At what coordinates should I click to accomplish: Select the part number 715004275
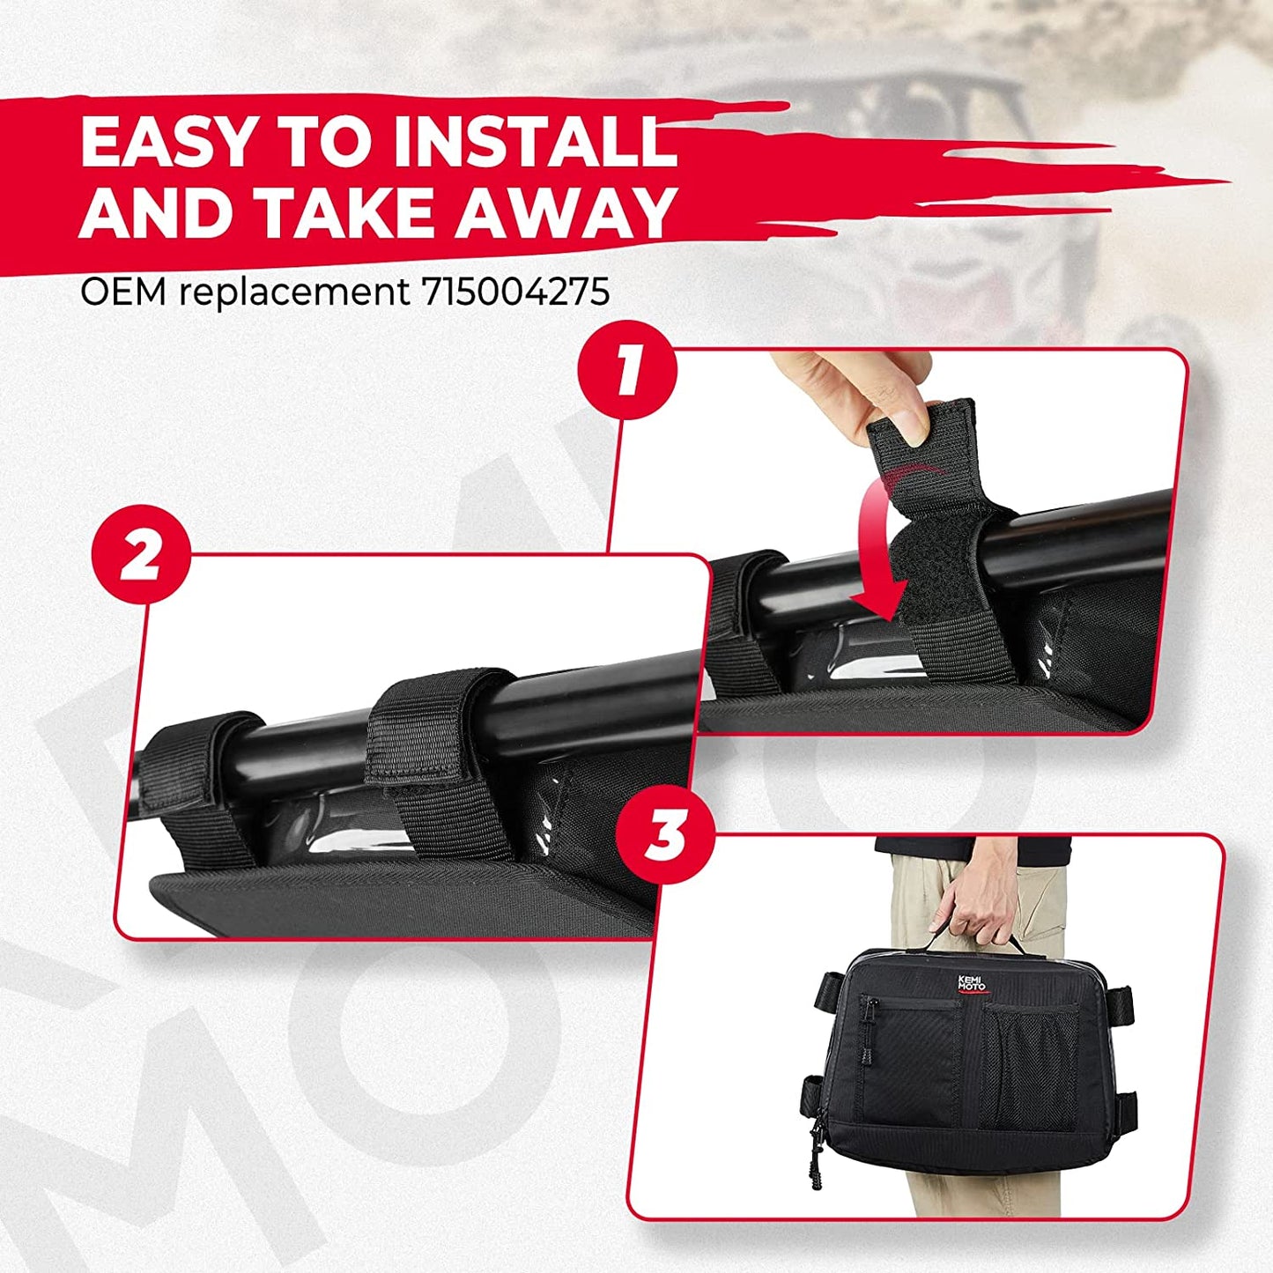point(515,292)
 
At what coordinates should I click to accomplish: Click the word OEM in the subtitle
point(123,292)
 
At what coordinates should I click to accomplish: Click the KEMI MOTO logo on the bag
point(971,982)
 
